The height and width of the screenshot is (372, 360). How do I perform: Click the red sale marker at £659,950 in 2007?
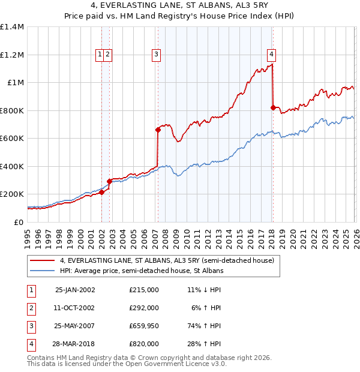coord(158,130)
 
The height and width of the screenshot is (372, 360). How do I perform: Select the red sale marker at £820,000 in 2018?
coord(273,108)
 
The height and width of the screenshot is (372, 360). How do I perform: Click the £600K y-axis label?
coord(12,139)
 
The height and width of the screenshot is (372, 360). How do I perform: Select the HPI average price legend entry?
coord(141,271)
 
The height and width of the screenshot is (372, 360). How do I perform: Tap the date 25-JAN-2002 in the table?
coord(75,290)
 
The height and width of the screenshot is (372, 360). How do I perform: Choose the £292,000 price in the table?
coord(144,308)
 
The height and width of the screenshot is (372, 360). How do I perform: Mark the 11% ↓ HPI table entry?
coord(203,290)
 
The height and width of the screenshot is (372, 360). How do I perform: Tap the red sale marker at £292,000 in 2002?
coord(110,181)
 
